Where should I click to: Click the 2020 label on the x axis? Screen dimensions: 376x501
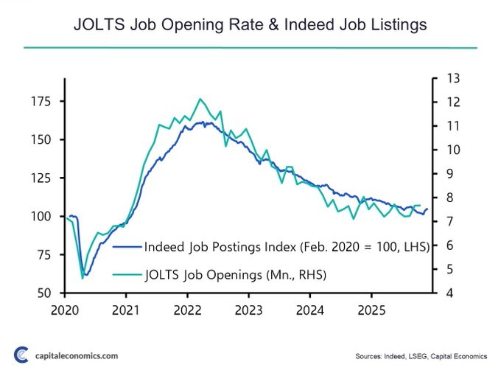[66, 310]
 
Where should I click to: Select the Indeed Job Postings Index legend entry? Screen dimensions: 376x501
[287, 248]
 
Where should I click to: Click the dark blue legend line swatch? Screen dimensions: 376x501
[127, 248]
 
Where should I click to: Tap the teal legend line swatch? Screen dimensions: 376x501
[127, 274]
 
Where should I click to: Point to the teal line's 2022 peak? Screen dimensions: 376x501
[200, 99]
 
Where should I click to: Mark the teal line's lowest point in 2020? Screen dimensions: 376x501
[82, 278]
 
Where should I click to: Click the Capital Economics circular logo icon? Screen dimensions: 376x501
[22, 355]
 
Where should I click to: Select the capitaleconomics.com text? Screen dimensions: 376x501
[77, 356]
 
